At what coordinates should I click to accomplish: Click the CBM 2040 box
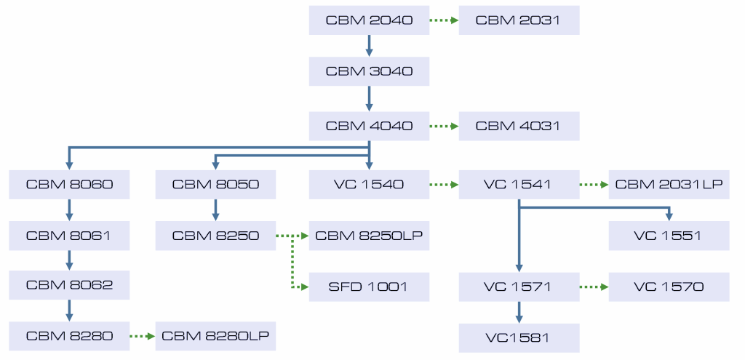pyautogui.click(x=369, y=20)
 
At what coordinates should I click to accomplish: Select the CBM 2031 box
pyautogui.click(x=518, y=20)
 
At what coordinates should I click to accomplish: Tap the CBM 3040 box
pyautogui.click(x=369, y=71)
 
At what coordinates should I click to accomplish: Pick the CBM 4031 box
pyautogui.click(x=518, y=126)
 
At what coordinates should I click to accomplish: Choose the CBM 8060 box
pyautogui.click(x=69, y=184)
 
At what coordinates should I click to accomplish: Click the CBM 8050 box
pyautogui.click(x=215, y=184)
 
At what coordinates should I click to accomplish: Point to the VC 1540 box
pyautogui.click(x=369, y=184)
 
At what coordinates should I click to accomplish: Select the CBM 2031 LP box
pyautogui.click(x=669, y=184)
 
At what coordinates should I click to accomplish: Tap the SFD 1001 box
pyautogui.click(x=369, y=287)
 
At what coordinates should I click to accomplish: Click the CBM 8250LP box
pyautogui.click(x=369, y=236)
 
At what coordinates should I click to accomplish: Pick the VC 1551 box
pyautogui.click(x=669, y=236)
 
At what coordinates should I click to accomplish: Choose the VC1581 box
pyautogui.click(x=519, y=337)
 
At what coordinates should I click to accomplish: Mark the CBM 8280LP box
pyautogui.click(x=215, y=336)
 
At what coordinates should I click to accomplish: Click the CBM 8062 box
pyautogui.click(x=69, y=285)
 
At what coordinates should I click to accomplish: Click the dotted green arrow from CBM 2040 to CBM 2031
pyautogui.click(x=443, y=20)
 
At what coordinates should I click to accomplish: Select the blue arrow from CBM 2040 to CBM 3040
pyautogui.click(x=369, y=46)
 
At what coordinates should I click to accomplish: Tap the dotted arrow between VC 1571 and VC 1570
pyautogui.click(x=594, y=287)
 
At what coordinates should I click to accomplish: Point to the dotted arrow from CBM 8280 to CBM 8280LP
pyautogui.click(x=143, y=336)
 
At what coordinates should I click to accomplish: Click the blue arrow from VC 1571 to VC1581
pyautogui.click(x=519, y=312)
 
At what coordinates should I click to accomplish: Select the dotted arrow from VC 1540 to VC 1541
pyautogui.click(x=443, y=185)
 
